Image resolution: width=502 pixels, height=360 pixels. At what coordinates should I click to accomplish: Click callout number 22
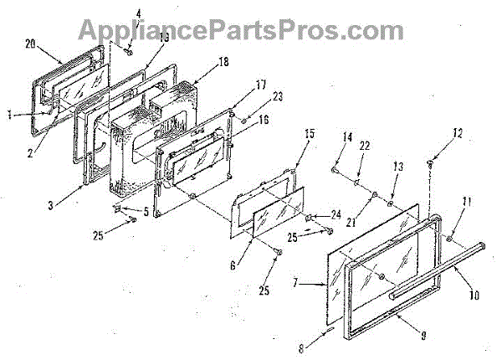[364, 147]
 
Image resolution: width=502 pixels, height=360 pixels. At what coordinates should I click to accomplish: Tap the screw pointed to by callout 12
[430, 162]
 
